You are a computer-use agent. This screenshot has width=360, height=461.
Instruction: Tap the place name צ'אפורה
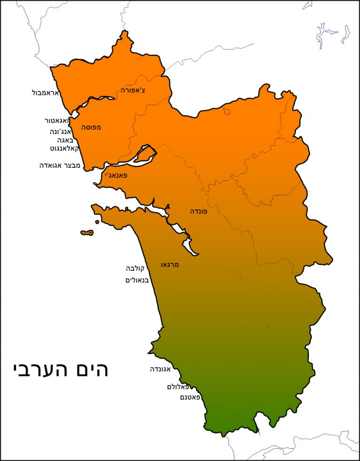(x=133, y=90)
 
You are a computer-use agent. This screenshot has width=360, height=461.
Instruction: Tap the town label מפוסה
(x=91, y=127)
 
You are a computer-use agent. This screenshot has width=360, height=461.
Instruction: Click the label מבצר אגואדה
(x=60, y=165)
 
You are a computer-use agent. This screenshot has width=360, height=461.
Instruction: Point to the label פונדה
(x=198, y=211)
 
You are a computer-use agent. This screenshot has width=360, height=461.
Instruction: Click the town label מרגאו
(x=170, y=265)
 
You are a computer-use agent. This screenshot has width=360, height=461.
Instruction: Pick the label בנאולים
(x=137, y=280)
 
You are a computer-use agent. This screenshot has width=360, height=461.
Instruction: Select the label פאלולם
(x=180, y=387)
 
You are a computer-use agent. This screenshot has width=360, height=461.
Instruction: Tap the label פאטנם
(x=190, y=397)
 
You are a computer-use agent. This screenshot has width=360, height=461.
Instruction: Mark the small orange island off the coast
(x=87, y=232)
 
